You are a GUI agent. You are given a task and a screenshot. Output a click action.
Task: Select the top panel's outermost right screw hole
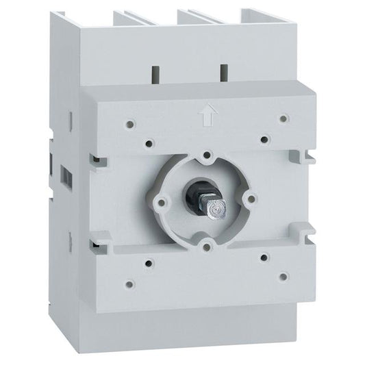(283, 118)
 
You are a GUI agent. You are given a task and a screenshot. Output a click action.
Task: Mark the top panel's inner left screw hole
(149, 144)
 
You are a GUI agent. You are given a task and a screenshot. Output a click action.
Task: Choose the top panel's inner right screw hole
(264, 139)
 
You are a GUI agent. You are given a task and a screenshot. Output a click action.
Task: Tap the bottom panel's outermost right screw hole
(282, 276)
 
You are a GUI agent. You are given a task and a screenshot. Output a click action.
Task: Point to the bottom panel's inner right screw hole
(264, 258)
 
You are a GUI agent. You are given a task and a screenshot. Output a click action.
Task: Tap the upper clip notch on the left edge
(99, 160)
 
